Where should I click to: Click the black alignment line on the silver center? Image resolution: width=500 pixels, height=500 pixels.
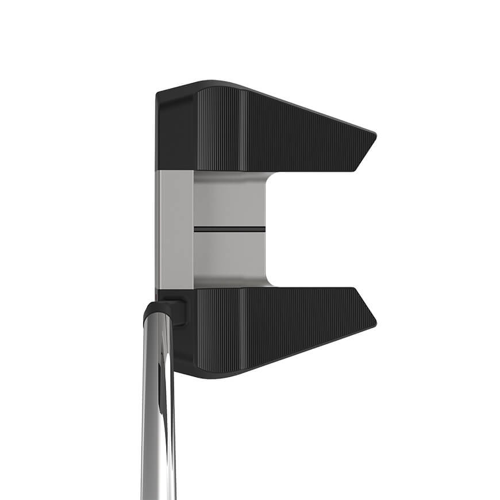(229, 229)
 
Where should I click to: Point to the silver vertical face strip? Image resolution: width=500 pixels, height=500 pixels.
(175, 230)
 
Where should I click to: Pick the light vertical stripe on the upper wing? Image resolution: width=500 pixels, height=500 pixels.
(243, 129)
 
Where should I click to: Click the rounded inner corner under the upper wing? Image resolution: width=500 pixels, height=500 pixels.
(268, 178)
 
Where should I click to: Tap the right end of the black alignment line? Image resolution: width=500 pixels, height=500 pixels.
(264, 229)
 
